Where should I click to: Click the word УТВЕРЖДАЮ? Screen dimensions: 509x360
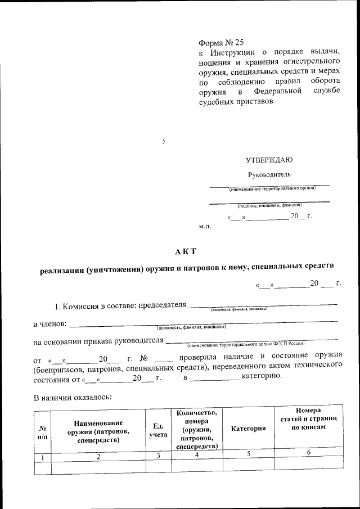pos(269,160)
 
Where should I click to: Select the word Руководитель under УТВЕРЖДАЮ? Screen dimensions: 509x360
pos(269,174)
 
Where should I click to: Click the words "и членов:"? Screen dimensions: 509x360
pos(49,324)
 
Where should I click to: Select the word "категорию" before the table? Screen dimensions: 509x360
pos(262,376)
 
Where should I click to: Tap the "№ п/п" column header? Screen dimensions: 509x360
pos(42,432)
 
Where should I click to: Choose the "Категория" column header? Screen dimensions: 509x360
pos(248,429)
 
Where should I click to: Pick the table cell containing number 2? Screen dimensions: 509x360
pos(98,456)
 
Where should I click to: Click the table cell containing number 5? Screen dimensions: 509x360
pos(248,454)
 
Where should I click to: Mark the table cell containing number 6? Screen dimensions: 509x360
pos(309,453)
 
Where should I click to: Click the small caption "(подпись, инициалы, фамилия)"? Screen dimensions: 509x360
pos(269,206)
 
